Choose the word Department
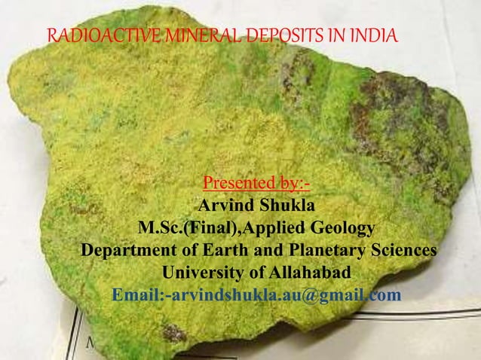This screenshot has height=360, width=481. (127, 250)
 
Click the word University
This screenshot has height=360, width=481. (204, 272)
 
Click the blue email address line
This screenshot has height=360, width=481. (256, 294)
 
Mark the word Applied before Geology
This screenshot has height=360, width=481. (268, 228)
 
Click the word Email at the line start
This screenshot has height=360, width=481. (135, 294)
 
